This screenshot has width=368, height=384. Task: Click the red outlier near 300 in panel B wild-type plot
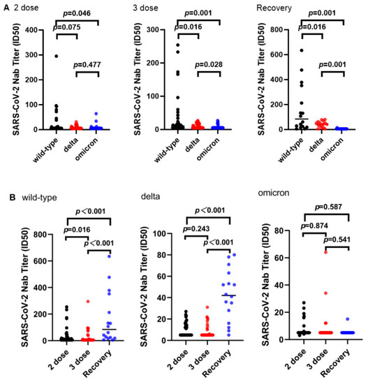[68, 301]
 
